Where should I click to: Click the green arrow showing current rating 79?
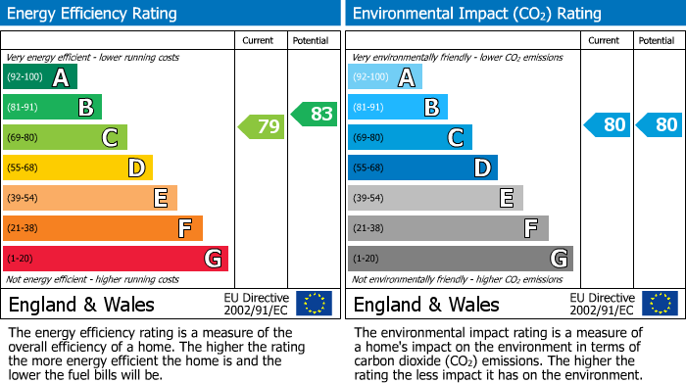[x=260, y=126]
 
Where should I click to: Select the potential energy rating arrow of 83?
[x=314, y=115]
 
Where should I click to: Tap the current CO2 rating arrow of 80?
[x=607, y=125]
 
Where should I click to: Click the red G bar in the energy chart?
[x=116, y=259]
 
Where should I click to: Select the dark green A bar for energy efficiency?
[x=40, y=77]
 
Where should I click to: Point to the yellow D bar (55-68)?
[x=77, y=168]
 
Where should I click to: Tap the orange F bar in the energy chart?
[x=103, y=228]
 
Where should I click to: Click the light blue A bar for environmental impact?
[x=385, y=77]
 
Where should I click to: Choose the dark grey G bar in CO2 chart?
[x=460, y=259]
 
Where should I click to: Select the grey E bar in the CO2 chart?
[x=435, y=198]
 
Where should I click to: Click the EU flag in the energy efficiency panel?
[x=314, y=303]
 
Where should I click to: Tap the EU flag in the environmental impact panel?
[x=659, y=303]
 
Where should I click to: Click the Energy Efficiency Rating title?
[x=93, y=14]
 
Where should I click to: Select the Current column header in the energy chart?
[x=260, y=40]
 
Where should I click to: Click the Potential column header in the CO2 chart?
[x=657, y=40]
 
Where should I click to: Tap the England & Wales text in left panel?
[x=81, y=304]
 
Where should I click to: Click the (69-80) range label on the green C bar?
[x=24, y=138]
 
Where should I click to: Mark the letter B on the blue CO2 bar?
[x=431, y=108]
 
